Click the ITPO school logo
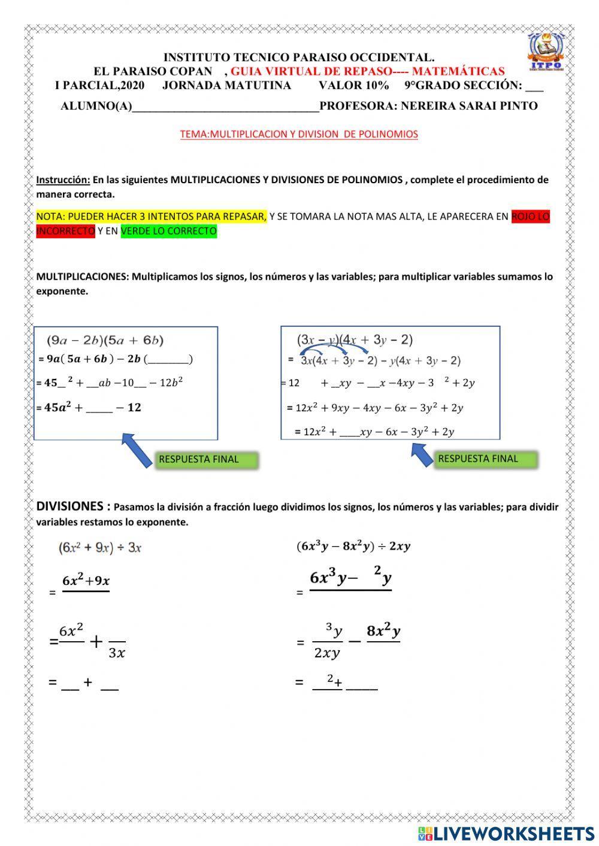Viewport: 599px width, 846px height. point(545,52)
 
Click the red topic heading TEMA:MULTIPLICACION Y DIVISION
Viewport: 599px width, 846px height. point(299,134)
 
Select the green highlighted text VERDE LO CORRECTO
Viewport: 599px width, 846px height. point(168,231)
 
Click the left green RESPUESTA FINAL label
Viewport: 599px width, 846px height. point(198,460)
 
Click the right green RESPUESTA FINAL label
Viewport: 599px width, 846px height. point(478,459)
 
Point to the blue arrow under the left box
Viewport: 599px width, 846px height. point(137,450)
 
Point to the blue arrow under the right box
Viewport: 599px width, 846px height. point(422,453)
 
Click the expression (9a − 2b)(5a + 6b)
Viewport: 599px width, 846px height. point(105,341)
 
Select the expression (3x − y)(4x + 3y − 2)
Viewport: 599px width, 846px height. point(355,340)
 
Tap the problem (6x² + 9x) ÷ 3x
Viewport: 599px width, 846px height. point(99,547)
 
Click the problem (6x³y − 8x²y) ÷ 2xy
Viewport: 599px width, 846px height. point(353,546)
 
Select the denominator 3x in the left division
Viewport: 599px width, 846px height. point(117,653)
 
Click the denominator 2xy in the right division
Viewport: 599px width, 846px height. point(326,653)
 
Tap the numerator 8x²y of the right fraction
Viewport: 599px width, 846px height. point(383,631)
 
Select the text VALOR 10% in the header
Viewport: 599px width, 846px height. point(353,86)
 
